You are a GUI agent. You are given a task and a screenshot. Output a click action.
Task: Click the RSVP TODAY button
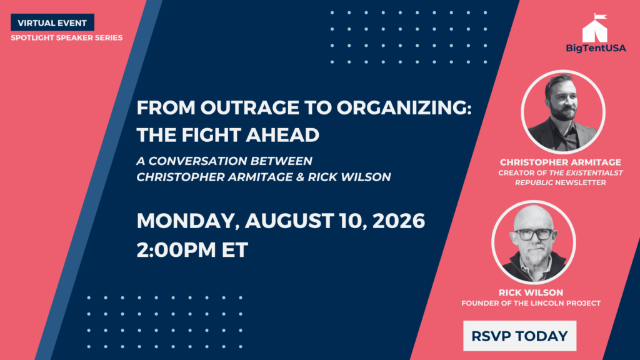pyautogui.click(x=519, y=336)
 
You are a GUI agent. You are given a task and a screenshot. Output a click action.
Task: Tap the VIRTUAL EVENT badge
pyautogui.click(x=52, y=22)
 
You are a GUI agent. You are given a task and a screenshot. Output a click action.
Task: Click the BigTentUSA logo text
pyautogui.click(x=596, y=48)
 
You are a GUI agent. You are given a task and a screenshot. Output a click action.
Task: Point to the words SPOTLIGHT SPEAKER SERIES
pyautogui.click(x=66, y=37)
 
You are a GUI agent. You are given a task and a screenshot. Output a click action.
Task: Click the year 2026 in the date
pyautogui.click(x=399, y=221)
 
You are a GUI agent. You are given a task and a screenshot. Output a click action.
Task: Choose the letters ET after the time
pyautogui.click(x=235, y=250)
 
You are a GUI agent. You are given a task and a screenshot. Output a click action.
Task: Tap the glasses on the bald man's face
pyautogui.click(x=534, y=234)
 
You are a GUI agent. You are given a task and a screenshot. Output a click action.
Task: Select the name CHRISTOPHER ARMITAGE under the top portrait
pyautogui.click(x=561, y=162)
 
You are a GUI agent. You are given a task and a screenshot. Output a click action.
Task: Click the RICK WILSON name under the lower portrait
pyautogui.click(x=531, y=292)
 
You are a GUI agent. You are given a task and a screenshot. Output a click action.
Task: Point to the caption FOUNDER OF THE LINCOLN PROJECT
pyautogui.click(x=531, y=303)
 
